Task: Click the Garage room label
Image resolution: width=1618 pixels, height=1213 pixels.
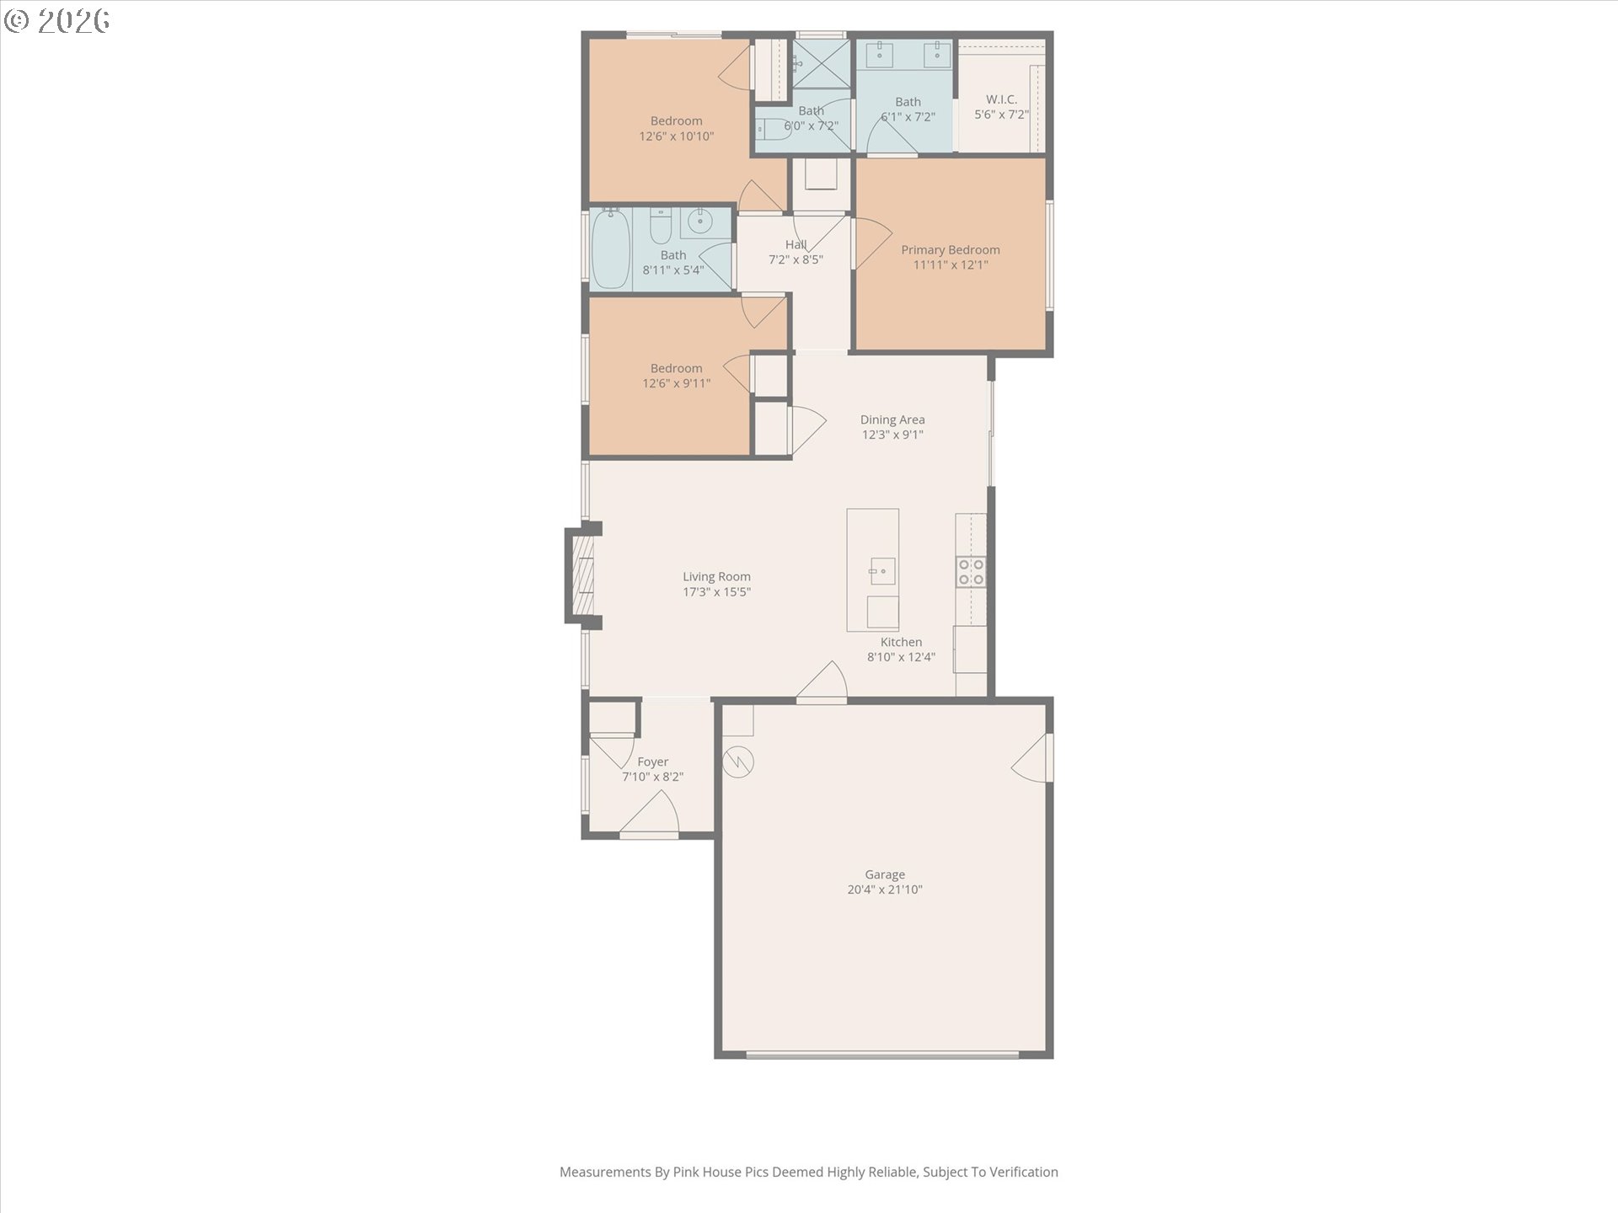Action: coord(885,874)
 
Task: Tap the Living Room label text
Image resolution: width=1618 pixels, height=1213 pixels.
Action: coord(716,577)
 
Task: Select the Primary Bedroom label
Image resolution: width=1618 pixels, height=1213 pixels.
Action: coord(951,250)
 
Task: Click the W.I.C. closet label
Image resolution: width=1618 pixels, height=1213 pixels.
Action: coord(1001,99)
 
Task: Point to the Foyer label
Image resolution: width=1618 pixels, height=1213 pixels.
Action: coord(653,762)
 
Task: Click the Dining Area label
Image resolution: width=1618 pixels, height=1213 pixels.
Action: coord(892,419)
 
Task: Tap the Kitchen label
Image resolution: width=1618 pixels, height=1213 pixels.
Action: coord(901,642)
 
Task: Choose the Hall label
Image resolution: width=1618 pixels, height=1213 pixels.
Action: coord(796,245)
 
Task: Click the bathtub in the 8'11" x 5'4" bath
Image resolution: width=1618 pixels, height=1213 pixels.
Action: coord(611,249)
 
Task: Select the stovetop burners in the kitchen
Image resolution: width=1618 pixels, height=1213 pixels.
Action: coord(972,572)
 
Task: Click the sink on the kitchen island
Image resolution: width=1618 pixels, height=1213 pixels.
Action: coord(882,571)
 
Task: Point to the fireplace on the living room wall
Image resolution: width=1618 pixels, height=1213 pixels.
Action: coord(583,575)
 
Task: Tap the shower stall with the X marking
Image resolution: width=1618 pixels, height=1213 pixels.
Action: coord(822,62)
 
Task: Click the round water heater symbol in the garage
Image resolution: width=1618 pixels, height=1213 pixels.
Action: coord(738,762)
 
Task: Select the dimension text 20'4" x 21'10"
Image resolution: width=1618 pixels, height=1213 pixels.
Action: coord(885,890)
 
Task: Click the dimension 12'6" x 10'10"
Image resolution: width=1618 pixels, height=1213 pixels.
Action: coord(677,136)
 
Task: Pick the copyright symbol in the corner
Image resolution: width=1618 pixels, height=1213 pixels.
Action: coord(16,21)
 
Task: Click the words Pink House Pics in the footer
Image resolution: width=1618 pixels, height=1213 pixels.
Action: coord(721,1172)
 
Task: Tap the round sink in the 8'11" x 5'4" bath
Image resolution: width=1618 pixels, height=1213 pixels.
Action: coord(699,222)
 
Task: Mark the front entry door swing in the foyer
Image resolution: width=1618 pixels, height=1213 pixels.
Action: coord(651,814)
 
